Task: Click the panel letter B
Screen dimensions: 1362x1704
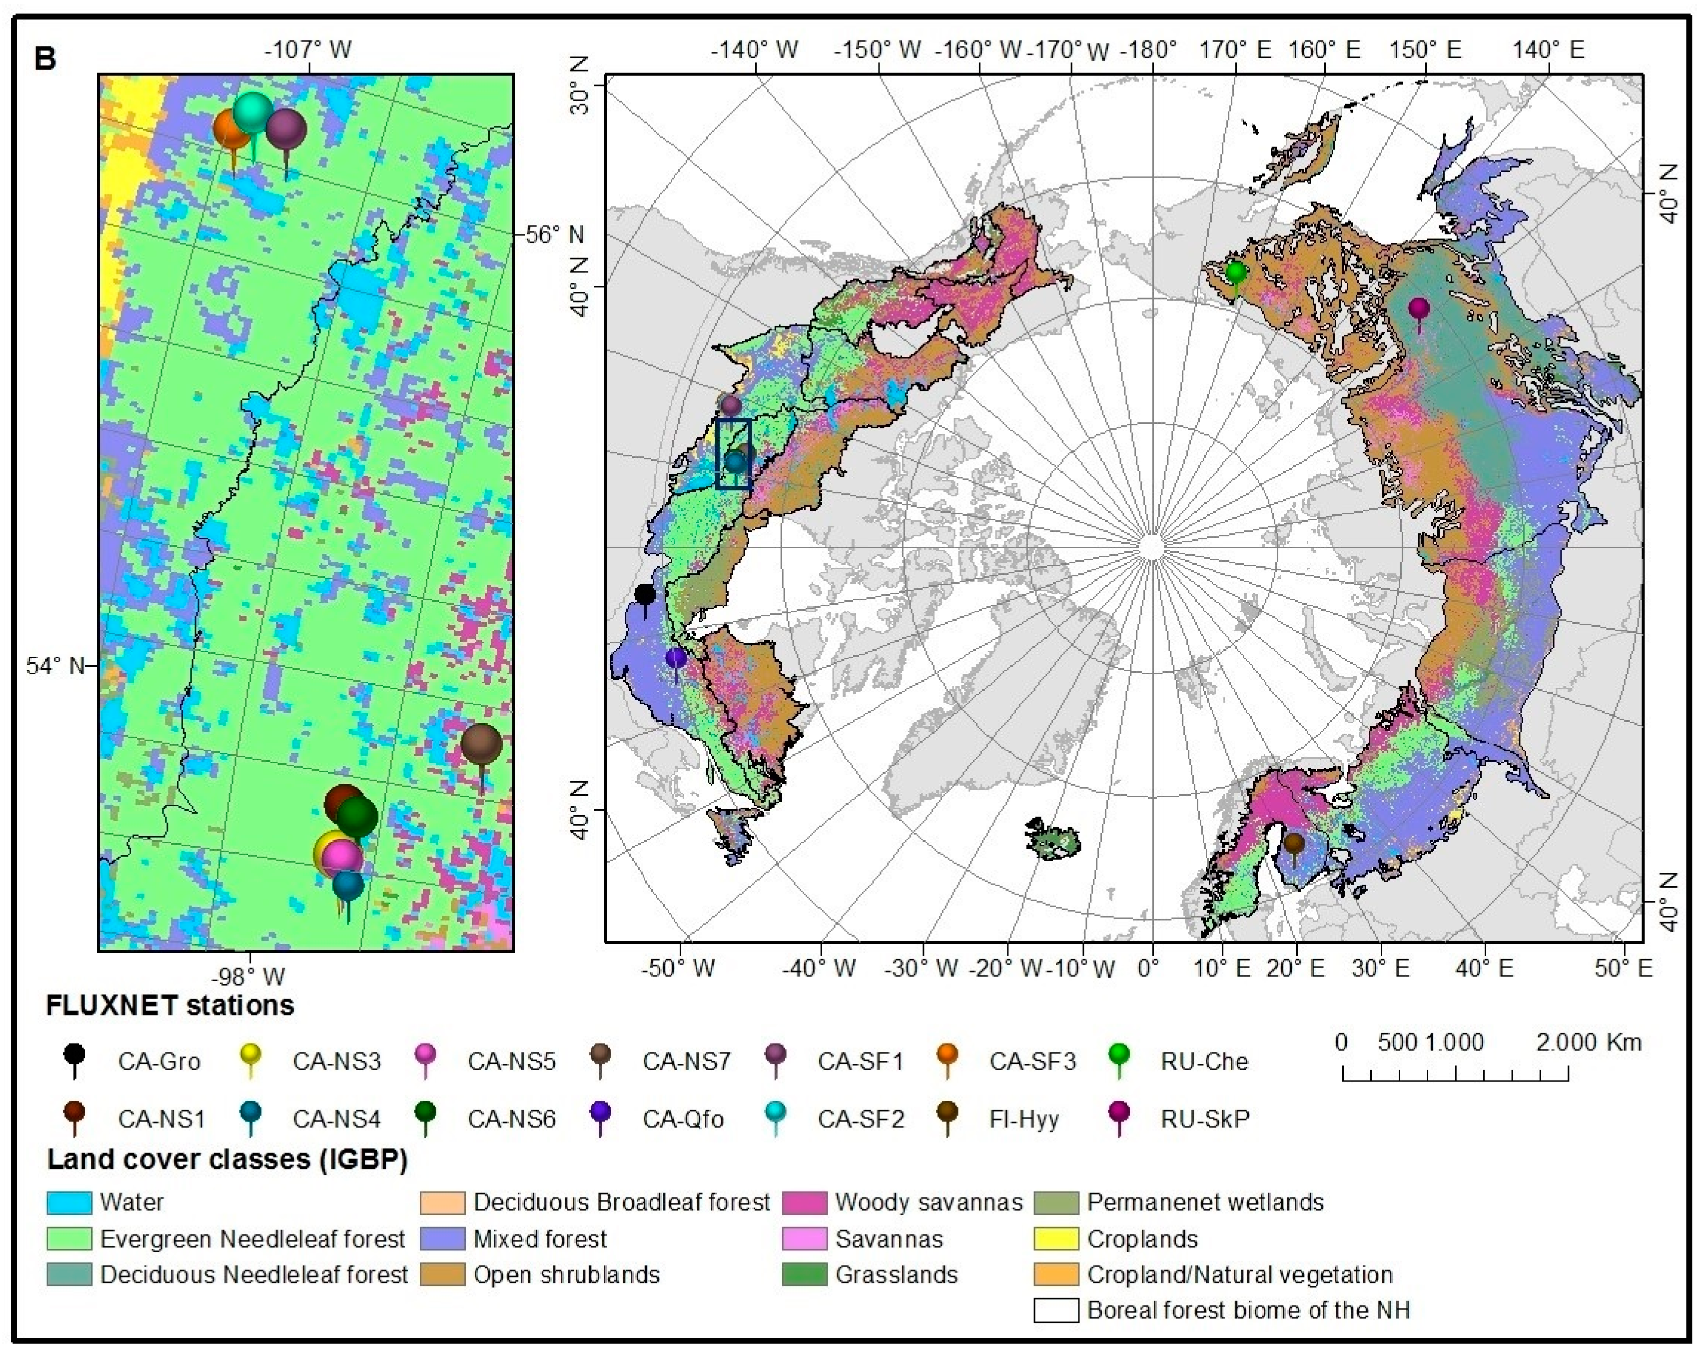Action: pos(45,59)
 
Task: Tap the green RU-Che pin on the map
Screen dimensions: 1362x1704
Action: pos(1236,274)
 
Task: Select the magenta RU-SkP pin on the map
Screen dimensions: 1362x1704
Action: pos(1419,309)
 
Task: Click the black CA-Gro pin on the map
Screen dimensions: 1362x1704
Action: pos(645,594)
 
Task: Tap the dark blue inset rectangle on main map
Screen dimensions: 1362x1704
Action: pos(733,454)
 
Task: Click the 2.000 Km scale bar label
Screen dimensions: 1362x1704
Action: pos(1589,1043)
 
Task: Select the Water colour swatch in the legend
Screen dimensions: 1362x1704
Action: pos(69,1203)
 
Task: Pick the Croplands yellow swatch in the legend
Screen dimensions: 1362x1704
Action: pos(1056,1239)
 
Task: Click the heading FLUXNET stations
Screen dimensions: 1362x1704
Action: pos(170,1006)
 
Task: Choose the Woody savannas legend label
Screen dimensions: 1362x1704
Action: pos(929,1203)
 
